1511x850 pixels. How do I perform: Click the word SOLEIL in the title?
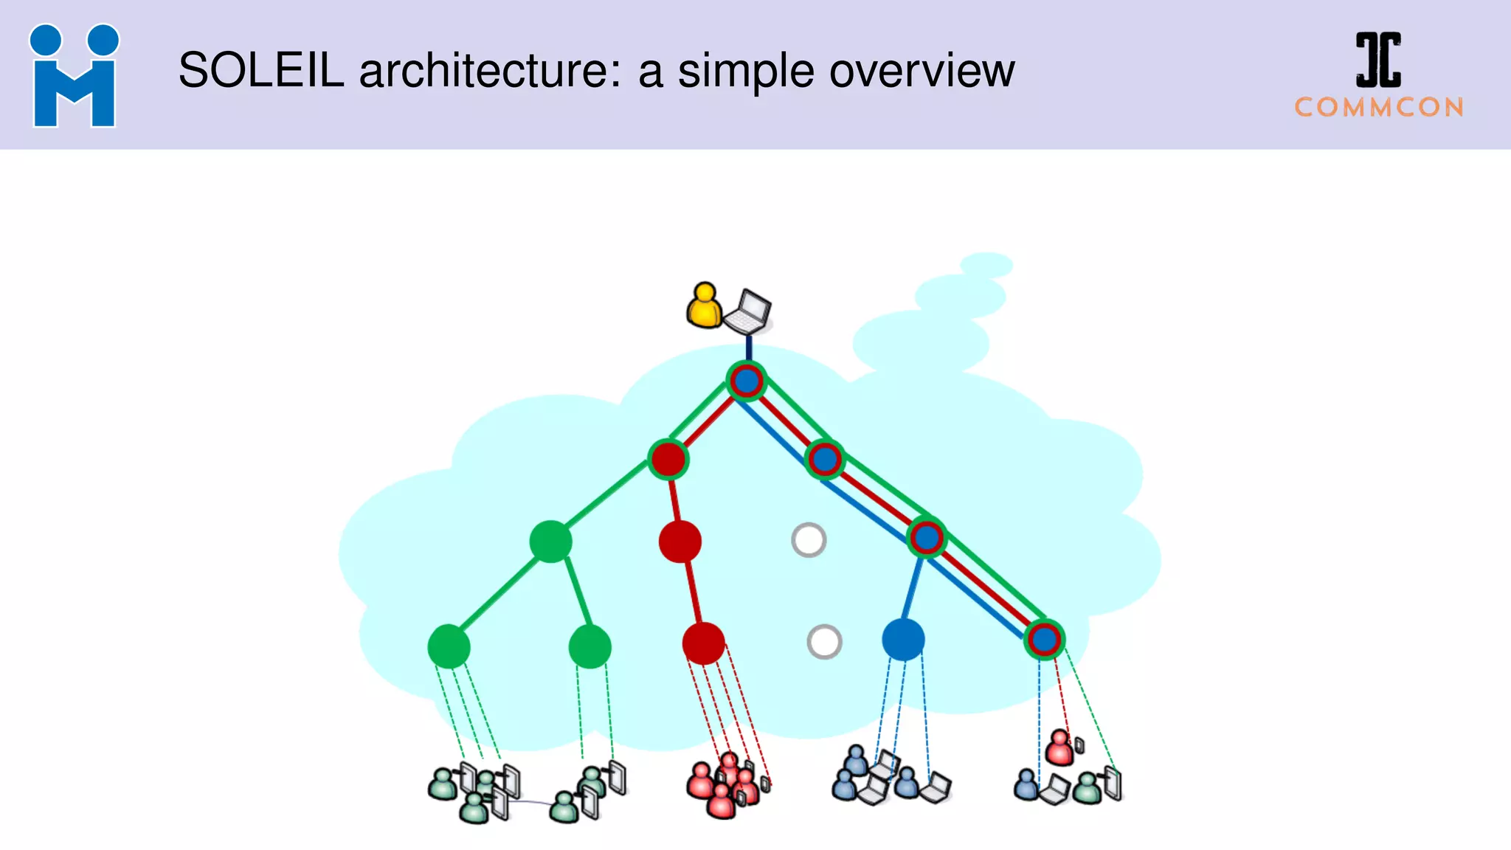261,71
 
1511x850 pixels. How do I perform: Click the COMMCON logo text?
1379,108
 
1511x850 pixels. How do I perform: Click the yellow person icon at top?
704,305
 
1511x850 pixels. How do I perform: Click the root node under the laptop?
747,381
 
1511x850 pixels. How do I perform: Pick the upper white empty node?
809,540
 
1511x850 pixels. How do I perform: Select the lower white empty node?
824,642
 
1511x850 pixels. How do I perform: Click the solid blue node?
903,639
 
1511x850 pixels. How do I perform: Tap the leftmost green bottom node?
449,646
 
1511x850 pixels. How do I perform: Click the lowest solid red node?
703,643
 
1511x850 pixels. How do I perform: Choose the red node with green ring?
668,459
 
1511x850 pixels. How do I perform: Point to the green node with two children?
550,542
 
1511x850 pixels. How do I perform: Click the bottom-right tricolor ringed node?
1044,639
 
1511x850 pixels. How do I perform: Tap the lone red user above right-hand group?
1060,747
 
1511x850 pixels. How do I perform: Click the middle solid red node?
680,542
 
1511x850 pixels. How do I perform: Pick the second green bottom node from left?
589,646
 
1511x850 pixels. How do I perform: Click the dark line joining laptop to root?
749,347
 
